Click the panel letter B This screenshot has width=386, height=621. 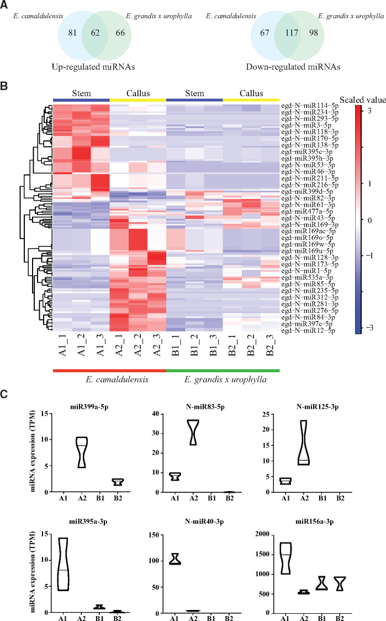[x=5, y=85]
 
